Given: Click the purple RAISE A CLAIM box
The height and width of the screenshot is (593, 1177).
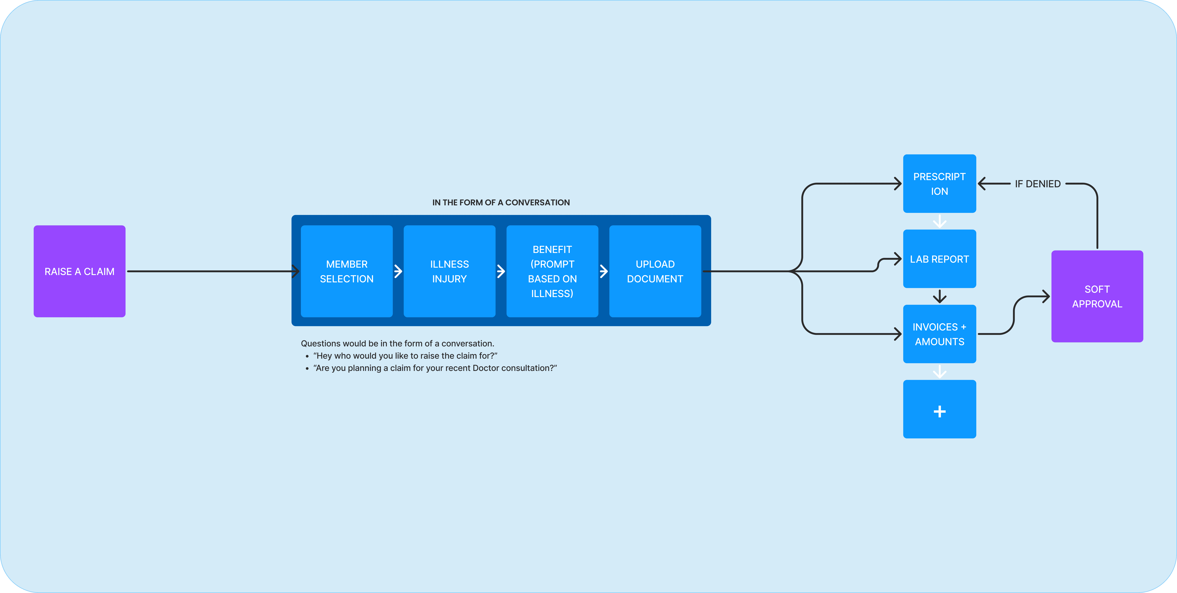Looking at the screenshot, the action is tap(79, 271).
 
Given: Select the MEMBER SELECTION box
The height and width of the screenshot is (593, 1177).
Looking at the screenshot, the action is tap(347, 271).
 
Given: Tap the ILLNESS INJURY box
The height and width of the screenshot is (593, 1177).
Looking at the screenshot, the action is tap(450, 271).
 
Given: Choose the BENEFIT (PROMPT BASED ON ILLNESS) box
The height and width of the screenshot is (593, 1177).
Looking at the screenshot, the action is tap(552, 271).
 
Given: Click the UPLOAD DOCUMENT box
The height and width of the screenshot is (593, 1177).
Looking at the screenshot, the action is tap(655, 271).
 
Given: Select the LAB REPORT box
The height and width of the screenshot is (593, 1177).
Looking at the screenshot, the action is tap(939, 259).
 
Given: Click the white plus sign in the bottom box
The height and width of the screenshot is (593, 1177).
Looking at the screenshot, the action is tap(939, 412).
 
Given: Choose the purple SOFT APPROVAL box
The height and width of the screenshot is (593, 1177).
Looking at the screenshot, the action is tap(1097, 296).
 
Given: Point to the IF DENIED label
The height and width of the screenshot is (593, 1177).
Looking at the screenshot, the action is tap(1038, 184).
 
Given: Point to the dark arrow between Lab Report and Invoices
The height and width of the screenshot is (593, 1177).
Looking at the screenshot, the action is tap(939, 296).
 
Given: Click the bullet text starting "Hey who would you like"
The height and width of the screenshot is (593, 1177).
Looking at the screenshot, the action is tap(405, 356).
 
